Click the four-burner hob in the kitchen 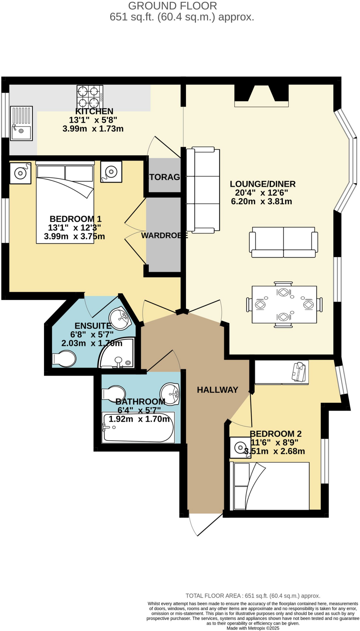90,96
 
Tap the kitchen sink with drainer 21,123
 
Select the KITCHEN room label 94,111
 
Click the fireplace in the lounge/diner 261,96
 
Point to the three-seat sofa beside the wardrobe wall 203,190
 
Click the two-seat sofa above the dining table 283,242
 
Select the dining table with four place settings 284,304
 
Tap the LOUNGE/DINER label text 262,184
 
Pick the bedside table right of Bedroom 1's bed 111,172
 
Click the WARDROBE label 164,235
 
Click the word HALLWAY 217,390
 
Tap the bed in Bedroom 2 269,486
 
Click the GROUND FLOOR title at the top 172,6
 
